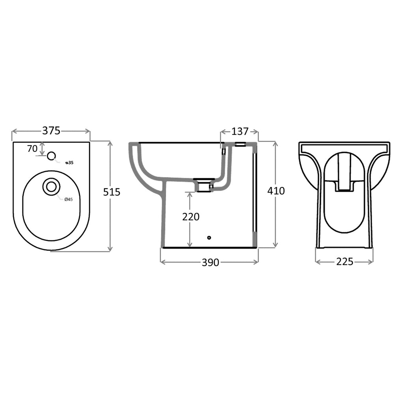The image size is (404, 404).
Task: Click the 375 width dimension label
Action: (x=51, y=131)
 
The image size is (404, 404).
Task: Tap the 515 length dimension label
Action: (x=112, y=192)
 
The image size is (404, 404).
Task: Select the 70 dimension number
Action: (x=32, y=149)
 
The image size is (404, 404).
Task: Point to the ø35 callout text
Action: (x=69, y=163)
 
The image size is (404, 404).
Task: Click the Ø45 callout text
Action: (x=69, y=199)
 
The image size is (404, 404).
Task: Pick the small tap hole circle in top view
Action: (x=52, y=155)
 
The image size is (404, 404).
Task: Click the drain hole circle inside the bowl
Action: (x=52, y=187)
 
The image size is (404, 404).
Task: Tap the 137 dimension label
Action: (x=240, y=131)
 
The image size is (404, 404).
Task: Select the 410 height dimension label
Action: (x=276, y=191)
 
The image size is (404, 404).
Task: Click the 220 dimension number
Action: (x=191, y=217)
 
